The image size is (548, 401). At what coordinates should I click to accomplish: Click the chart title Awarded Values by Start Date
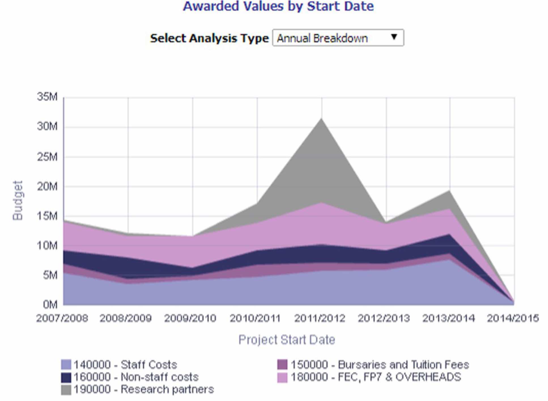click(x=278, y=6)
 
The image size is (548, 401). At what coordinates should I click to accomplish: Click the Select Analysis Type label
click(x=209, y=38)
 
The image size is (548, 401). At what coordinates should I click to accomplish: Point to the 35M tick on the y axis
click(x=47, y=97)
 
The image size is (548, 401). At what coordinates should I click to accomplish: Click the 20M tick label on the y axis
click(x=47, y=187)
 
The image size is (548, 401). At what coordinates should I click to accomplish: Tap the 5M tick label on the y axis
click(x=50, y=275)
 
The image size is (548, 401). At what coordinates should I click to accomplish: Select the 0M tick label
click(x=50, y=305)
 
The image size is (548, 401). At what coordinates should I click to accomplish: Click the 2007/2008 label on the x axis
click(x=62, y=318)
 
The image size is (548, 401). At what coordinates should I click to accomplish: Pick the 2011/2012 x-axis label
click(x=320, y=318)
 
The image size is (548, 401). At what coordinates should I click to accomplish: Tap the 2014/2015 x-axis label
click(x=513, y=318)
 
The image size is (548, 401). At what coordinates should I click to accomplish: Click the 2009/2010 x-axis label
click(x=190, y=318)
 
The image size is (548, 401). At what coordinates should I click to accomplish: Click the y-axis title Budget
click(x=18, y=200)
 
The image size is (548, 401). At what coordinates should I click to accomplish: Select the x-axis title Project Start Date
click(x=287, y=340)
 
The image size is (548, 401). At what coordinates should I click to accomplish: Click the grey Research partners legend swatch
click(x=66, y=390)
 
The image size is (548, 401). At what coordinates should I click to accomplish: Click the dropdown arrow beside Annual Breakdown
click(x=394, y=37)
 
